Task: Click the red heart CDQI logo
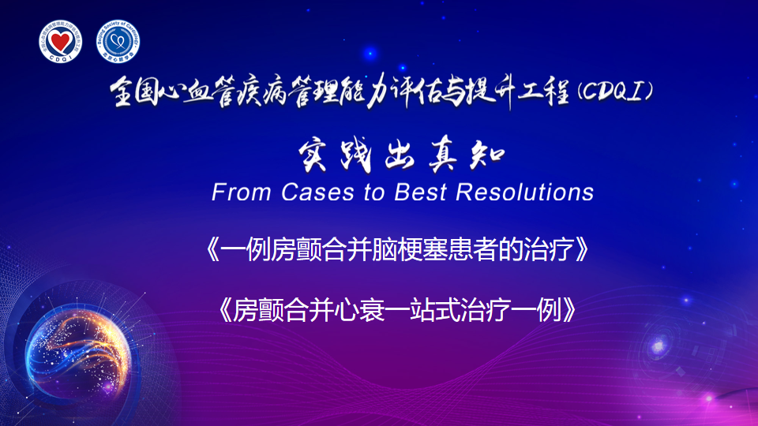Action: pos(61,42)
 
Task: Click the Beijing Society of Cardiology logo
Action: pos(118,42)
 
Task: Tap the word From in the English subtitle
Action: pos(241,192)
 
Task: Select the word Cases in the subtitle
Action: pos(317,192)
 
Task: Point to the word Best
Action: pos(420,192)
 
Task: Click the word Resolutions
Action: pos(524,192)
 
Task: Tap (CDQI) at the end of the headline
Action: pos(615,91)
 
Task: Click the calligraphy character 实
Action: pos(313,155)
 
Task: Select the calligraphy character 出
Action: pos(400,155)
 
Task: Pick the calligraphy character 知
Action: pos(487,156)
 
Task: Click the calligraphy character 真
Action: pos(443,155)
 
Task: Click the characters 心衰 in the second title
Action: pos(360,309)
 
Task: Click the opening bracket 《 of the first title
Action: pos(212,250)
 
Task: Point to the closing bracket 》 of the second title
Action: pos(570,309)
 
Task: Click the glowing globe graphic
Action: pos(78,357)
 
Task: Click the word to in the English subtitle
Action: pos(374,192)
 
